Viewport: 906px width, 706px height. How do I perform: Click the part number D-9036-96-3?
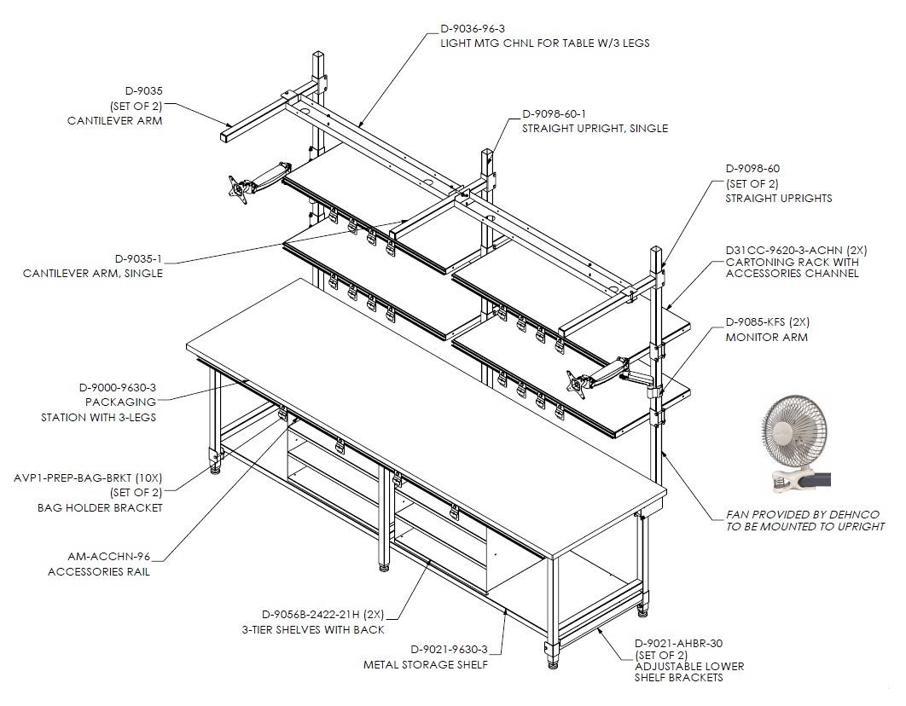[473, 28]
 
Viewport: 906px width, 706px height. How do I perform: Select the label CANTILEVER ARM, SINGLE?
[93, 273]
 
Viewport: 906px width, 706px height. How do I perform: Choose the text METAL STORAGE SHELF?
[425, 664]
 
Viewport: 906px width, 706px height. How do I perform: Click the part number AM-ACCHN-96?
[108, 557]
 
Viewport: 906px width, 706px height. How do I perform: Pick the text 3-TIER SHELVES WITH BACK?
[312, 630]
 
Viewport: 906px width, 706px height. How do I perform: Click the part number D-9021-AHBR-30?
[679, 643]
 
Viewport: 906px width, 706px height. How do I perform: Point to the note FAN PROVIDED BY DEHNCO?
[803, 514]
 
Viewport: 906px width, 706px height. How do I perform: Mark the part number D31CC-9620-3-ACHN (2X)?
[796, 251]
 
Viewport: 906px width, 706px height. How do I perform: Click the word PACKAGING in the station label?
[121, 402]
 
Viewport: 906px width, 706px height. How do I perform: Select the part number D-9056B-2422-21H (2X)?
[322, 614]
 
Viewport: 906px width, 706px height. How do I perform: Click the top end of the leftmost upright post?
[320, 55]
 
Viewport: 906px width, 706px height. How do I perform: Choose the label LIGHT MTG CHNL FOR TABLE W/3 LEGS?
[544, 43]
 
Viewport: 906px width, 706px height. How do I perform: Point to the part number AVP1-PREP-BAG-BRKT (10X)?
[88, 478]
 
